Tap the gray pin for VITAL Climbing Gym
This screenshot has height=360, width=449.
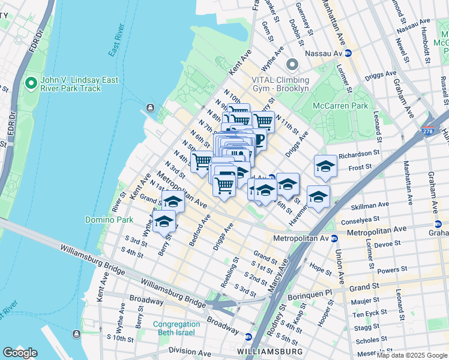tap(292, 64)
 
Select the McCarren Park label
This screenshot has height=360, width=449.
tap(340, 106)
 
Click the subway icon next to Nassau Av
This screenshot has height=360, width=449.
tap(348, 53)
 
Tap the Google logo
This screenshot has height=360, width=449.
tap(20, 353)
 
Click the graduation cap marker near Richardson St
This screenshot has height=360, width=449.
tap(325, 166)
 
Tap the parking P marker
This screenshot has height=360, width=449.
tap(259, 140)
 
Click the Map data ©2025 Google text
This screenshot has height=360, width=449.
tap(411, 355)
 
